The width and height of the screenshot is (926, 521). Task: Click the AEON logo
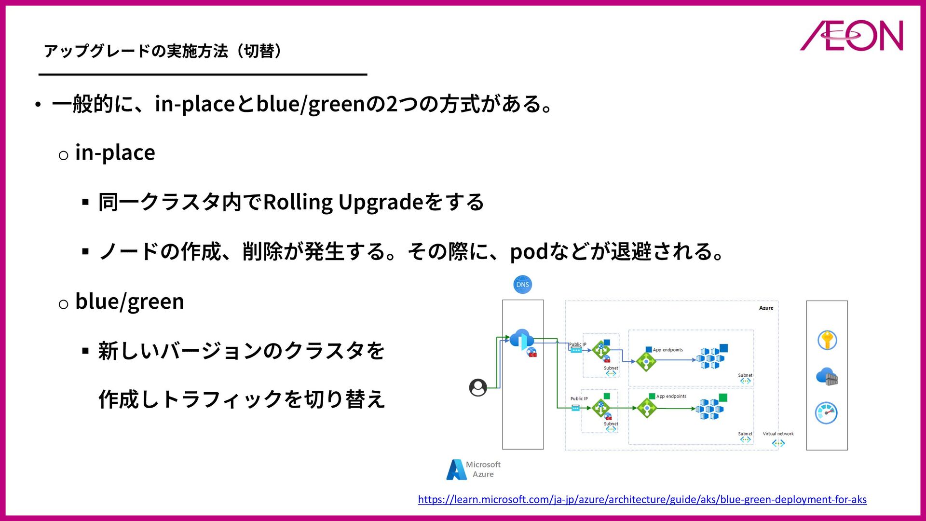tap(851, 36)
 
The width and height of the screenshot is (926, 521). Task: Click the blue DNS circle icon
tap(522, 285)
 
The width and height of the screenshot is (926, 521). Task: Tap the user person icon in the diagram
tap(478, 387)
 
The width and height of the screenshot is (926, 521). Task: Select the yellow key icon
tap(827, 340)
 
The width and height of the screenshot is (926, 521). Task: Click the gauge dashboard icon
tap(826, 413)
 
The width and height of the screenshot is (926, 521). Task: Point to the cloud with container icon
tap(827, 377)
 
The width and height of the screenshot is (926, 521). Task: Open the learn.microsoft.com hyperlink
tap(642, 499)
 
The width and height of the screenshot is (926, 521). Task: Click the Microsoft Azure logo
tap(474, 469)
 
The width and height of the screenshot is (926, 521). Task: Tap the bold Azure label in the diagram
tap(766, 308)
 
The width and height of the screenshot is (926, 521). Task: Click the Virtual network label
tap(778, 434)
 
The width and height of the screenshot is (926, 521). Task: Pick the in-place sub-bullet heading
tap(115, 153)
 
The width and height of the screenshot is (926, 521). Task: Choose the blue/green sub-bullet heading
tap(129, 302)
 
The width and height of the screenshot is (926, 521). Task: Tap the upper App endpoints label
tap(667, 350)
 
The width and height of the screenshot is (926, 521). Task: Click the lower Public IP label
tap(579, 398)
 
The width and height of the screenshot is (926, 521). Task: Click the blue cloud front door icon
tap(522, 339)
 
